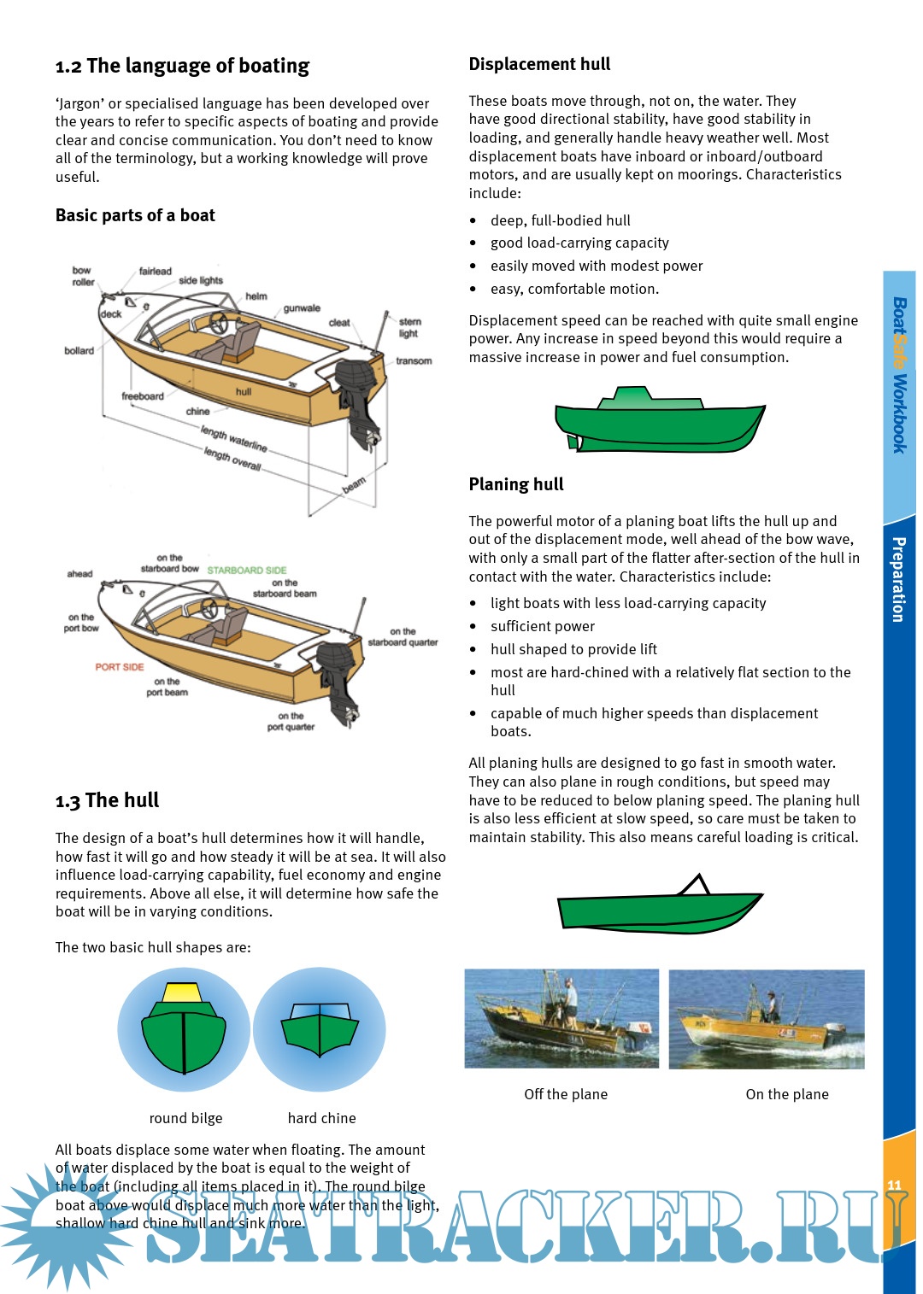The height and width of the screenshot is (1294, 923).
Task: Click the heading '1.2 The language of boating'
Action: tap(182, 66)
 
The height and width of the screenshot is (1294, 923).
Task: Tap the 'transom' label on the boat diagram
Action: tap(414, 361)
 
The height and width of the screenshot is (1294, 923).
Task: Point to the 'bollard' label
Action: tap(79, 351)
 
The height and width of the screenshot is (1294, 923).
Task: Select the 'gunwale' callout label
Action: tap(302, 308)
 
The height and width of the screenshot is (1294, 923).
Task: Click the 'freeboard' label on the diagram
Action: tap(143, 396)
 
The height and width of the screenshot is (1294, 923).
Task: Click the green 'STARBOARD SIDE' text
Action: tap(247, 570)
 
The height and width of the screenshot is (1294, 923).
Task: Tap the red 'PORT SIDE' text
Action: tap(120, 667)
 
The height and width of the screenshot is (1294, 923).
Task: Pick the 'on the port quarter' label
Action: tap(291, 722)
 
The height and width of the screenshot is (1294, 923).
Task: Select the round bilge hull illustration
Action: tap(184, 1030)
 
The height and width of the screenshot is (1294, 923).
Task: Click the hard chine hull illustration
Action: tap(320, 1028)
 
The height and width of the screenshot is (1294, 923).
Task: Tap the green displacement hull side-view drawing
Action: tap(658, 420)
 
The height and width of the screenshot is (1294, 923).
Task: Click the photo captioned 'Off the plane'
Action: tap(561, 1018)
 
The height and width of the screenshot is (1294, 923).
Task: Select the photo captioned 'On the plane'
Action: tap(766, 1018)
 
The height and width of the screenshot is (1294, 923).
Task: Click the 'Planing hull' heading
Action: tap(516, 484)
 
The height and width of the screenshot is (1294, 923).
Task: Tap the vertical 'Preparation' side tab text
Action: tap(898, 579)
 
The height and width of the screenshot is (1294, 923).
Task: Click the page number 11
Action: tap(894, 1185)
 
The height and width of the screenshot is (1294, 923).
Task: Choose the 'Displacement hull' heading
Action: tap(539, 64)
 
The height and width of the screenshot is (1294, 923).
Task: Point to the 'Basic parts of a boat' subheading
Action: tap(135, 215)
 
